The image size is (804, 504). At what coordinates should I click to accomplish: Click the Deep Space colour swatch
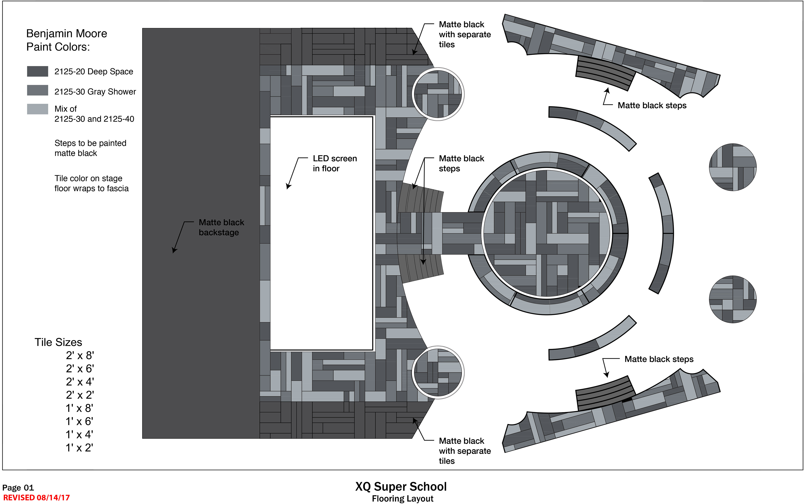tap(37, 71)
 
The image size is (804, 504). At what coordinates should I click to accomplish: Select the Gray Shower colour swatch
tap(37, 90)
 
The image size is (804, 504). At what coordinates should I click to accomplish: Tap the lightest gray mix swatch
tap(37, 109)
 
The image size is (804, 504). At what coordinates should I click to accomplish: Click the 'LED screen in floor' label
tap(334, 163)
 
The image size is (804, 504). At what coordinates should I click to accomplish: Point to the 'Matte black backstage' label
tap(221, 227)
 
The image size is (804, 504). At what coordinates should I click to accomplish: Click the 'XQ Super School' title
tap(401, 486)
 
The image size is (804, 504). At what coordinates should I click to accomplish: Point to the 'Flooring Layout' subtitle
tap(402, 499)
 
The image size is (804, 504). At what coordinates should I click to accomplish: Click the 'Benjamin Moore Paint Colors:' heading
tap(67, 40)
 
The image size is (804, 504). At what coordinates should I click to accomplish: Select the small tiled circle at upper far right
tap(732, 167)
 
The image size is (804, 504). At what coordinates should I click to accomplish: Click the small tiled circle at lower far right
tap(732, 299)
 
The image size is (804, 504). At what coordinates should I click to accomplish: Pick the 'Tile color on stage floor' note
tap(91, 183)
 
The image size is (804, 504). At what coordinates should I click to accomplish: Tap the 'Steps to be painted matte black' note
tap(90, 148)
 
